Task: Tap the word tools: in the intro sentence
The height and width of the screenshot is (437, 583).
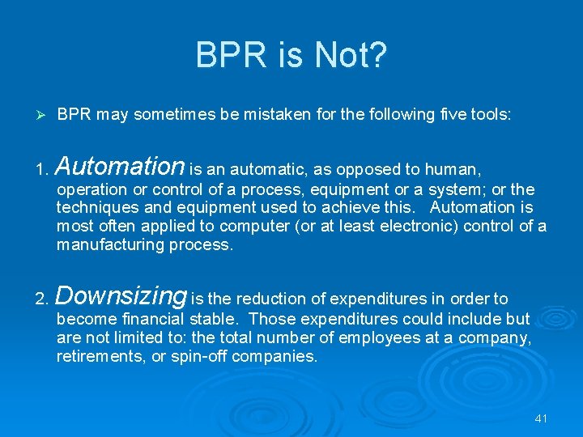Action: click(x=489, y=115)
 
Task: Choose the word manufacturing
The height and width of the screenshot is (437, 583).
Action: click(x=110, y=244)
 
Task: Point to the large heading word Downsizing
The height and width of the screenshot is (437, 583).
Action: click(x=121, y=296)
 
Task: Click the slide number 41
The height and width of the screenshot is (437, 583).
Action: click(x=541, y=418)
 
